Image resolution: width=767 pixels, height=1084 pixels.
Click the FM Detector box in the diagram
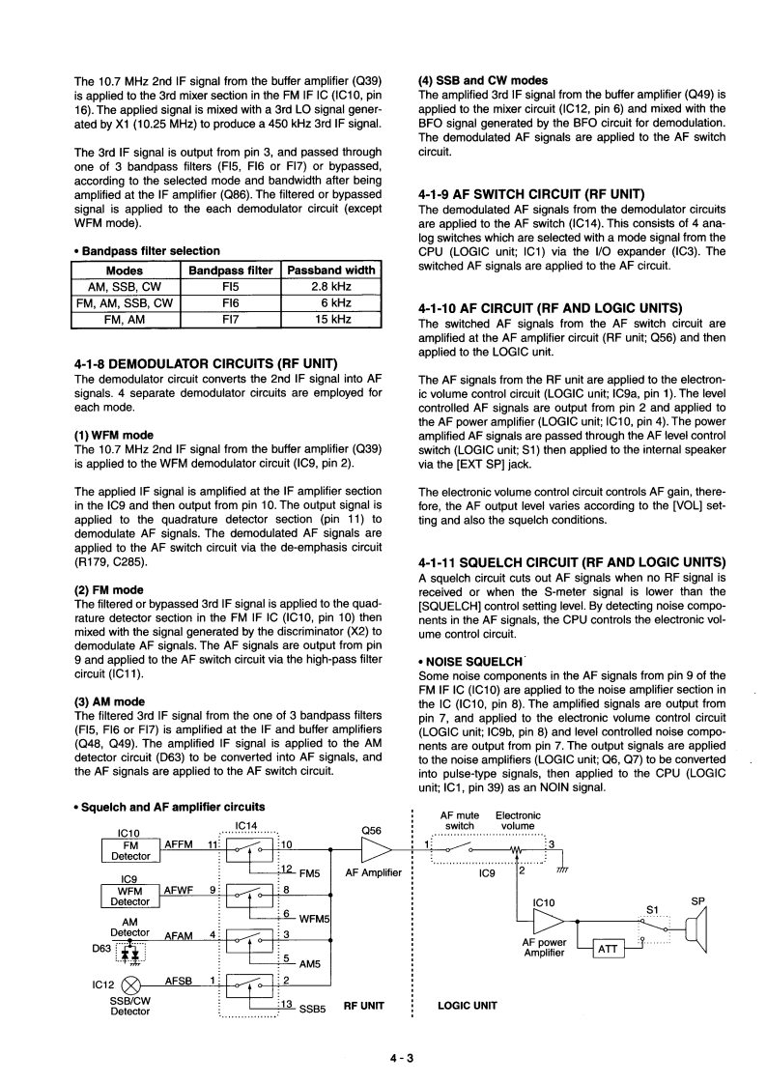(x=130, y=849)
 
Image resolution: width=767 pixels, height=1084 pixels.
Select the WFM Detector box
(x=130, y=896)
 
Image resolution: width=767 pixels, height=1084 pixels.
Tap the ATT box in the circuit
(x=608, y=950)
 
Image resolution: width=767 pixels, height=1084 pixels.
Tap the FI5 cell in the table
(x=230, y=287)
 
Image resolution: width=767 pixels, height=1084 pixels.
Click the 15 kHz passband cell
(x=330, y=319)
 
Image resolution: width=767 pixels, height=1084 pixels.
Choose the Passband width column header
(x=330, y=271)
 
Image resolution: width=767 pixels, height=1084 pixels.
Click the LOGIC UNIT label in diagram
(x=468, y=1005)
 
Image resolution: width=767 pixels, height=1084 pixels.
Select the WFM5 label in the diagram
(x=316, y=918)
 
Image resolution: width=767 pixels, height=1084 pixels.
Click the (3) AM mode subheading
(x=109, y=701)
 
